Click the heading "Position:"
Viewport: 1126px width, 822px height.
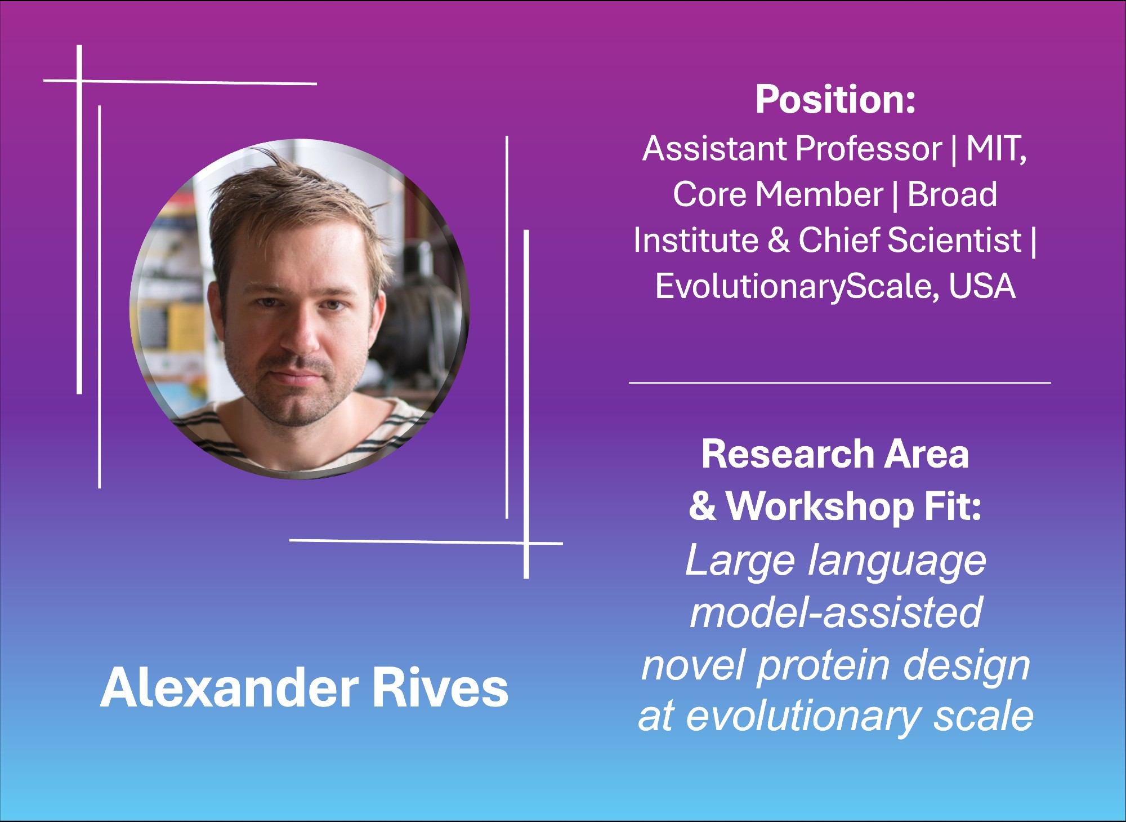pos(835,99)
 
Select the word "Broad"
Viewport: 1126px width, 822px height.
pos(952,194)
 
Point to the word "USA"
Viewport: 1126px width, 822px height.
pos(982,286)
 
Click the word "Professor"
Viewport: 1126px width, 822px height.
pos(869,149)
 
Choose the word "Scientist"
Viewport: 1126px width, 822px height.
pos(954,240)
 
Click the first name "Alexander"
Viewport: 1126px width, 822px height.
pos(229,688)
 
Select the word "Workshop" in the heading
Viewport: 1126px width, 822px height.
pos(819,505)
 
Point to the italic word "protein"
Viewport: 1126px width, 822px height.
pos(824,665)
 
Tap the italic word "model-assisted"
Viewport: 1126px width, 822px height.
pos(836,612)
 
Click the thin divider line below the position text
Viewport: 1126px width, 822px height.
pos(840,383)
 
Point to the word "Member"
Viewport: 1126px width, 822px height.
pos(819,194)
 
